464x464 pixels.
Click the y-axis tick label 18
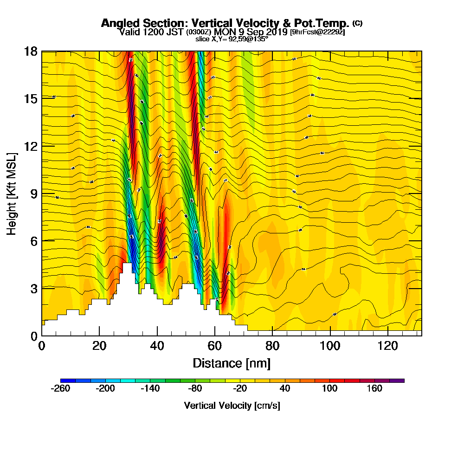pos(31,51)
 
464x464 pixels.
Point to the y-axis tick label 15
pos(31,98)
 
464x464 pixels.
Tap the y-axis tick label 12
pos(31,146)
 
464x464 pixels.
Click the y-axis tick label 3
pos(34,288)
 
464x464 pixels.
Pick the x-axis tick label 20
pos(99,346)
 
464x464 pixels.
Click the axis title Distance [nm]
pos(232,363)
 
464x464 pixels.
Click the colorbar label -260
pos(60,389)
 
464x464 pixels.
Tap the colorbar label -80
pos(195,389)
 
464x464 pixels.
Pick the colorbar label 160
pos(375,389)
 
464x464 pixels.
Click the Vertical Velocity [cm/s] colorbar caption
pos(232,406)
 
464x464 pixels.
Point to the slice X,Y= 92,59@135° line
pos(232,39)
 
